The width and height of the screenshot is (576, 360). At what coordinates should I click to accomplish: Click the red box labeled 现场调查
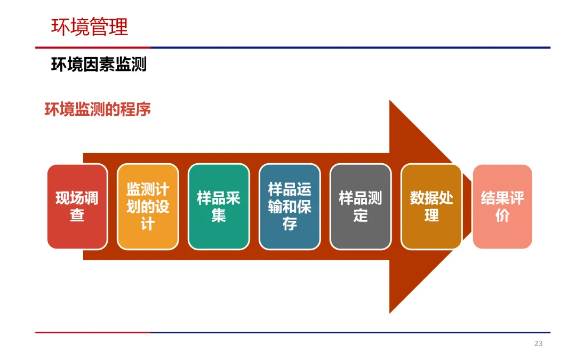click(x=77, y=206)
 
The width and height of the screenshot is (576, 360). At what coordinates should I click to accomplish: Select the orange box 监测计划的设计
click(x=148, y=206)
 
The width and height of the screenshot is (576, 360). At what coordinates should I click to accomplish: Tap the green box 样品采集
click(x=219, y=206)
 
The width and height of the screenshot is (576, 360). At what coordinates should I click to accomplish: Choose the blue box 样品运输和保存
click(x=290, y=206)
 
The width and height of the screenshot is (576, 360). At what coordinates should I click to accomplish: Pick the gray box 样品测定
click(x=361, y=206)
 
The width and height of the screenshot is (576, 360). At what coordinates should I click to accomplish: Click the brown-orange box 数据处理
click(x=431, y=206)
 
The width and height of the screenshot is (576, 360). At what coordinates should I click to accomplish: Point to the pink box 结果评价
click(x=502, y=206)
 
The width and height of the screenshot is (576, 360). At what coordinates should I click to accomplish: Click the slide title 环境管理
click(x=90, y=27)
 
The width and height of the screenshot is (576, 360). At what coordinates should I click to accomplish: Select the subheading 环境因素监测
click(x=99, y=65)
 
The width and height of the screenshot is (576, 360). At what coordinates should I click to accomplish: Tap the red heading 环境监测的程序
click(x=98, y=109)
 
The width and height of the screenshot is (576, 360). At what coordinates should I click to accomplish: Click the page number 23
click(x=538, y=343)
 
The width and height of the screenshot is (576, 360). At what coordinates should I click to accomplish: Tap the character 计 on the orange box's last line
click(x=148, y=224)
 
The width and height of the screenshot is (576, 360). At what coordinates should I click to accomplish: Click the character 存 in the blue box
click(x=290, y=224)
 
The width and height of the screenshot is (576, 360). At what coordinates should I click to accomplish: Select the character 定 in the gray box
click(x=361, y=215)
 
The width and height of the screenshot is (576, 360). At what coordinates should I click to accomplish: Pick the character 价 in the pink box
click(x=502, y=215)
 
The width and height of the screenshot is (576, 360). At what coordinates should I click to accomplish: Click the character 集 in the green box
click(x=219, y=215)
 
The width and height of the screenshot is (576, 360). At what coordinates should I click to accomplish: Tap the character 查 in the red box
click(x=77, y=215)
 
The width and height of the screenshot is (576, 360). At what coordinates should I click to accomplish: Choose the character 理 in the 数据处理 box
click(x=431, y=215)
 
